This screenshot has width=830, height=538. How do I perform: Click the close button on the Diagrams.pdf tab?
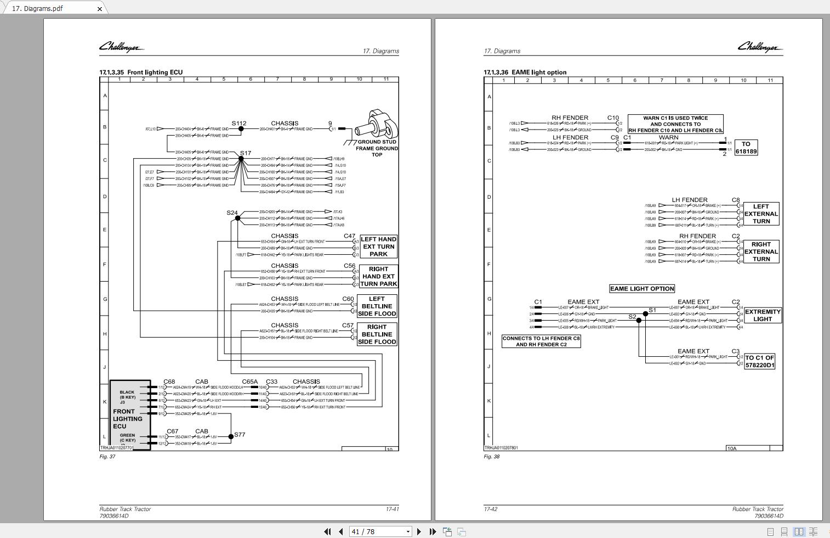100,9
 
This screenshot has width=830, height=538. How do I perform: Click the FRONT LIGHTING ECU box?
130,415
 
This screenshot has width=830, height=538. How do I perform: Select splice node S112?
241,129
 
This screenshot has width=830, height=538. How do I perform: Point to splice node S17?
241,159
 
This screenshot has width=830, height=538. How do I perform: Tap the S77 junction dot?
231,436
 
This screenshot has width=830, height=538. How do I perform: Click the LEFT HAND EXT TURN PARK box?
378,246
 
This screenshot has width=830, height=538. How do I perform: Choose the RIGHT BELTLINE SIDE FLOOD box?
377,334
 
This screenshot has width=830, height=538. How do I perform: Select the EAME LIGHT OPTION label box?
642,289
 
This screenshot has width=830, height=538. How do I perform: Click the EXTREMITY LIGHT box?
762,315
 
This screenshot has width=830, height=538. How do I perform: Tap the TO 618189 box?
746,148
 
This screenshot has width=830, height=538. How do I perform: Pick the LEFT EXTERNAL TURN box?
761,214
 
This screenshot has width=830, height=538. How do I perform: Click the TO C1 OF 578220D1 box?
759,361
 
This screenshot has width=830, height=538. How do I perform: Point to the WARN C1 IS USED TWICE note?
675,124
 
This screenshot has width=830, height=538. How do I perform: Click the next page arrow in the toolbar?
419,531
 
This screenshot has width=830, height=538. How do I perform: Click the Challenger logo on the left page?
121,47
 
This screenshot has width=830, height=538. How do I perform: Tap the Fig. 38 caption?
492,457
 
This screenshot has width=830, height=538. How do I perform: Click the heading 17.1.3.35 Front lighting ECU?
141,72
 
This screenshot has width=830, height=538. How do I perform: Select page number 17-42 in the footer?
491,509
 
